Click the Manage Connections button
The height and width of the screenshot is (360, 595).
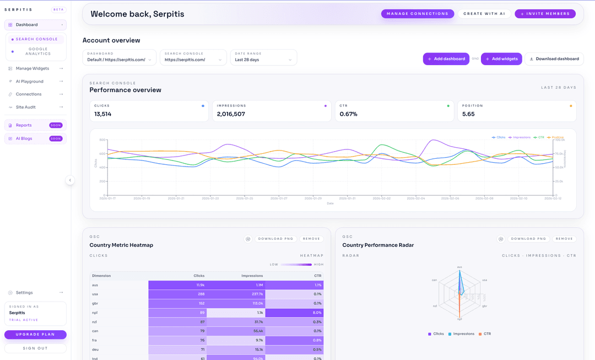coord(417,14)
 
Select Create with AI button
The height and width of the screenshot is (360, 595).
coord(484,14)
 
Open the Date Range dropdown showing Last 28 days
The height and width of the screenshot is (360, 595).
coord(263,57)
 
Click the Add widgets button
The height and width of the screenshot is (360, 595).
coord(501,59)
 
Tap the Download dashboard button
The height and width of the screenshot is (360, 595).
coord(554,59)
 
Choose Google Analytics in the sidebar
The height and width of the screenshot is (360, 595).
coord(37,51)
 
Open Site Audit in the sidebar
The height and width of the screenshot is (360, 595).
coord(26,107)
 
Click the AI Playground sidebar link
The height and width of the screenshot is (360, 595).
coord(29,82)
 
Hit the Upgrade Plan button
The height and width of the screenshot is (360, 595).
coord(35,335)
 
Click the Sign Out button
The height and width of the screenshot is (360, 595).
coord(35,348)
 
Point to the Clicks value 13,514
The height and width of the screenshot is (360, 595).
coord(103,114)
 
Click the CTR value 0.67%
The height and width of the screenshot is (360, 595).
coord(348,114)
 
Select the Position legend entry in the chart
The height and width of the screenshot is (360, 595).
coord(557,137)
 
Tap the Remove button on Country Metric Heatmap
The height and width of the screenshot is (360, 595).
coord(311,239)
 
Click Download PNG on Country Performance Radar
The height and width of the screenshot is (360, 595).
coord(528,239)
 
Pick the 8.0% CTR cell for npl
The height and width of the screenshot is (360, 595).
coord(295,313)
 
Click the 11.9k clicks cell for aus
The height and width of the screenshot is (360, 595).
coord(177,285)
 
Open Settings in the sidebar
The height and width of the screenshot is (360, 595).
coord(24,293)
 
